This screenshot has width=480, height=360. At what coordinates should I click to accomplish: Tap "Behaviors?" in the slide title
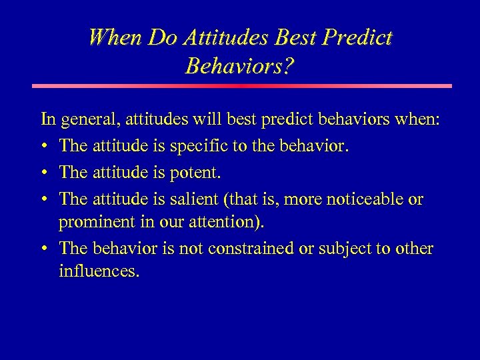click(x=240, y=65)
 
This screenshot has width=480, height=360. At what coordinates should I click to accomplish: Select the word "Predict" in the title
click(x=359, y=37)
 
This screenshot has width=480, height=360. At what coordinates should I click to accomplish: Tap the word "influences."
click(x=99, y=272)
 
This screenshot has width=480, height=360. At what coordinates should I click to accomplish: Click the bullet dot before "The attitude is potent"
click(x=44, y=172)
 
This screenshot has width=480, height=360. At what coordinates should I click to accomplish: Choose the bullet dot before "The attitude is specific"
click(x=44, y=147)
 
